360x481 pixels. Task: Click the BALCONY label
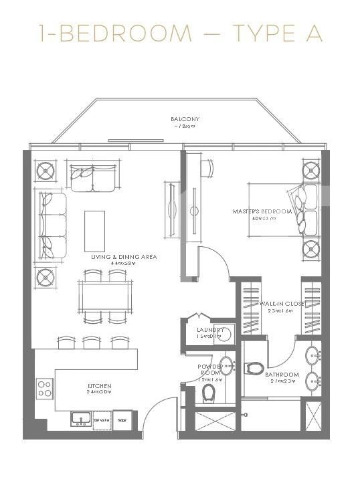pos(185,119)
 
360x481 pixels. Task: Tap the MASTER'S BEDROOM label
pos(262,211)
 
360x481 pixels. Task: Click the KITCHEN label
pos(99,386)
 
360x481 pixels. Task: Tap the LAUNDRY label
pos(209,330)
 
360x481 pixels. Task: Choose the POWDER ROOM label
pos(209,371)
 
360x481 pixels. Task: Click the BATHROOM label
pos(281,375)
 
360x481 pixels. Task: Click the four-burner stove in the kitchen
pos(45,388)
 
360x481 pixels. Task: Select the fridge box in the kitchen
pos(122,420)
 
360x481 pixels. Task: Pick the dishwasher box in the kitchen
pos(101,420)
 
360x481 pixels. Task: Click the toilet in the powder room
pos(208,391)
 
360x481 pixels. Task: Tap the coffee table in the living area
pos(94,225)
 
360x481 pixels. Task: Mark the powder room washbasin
pos(227,365)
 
